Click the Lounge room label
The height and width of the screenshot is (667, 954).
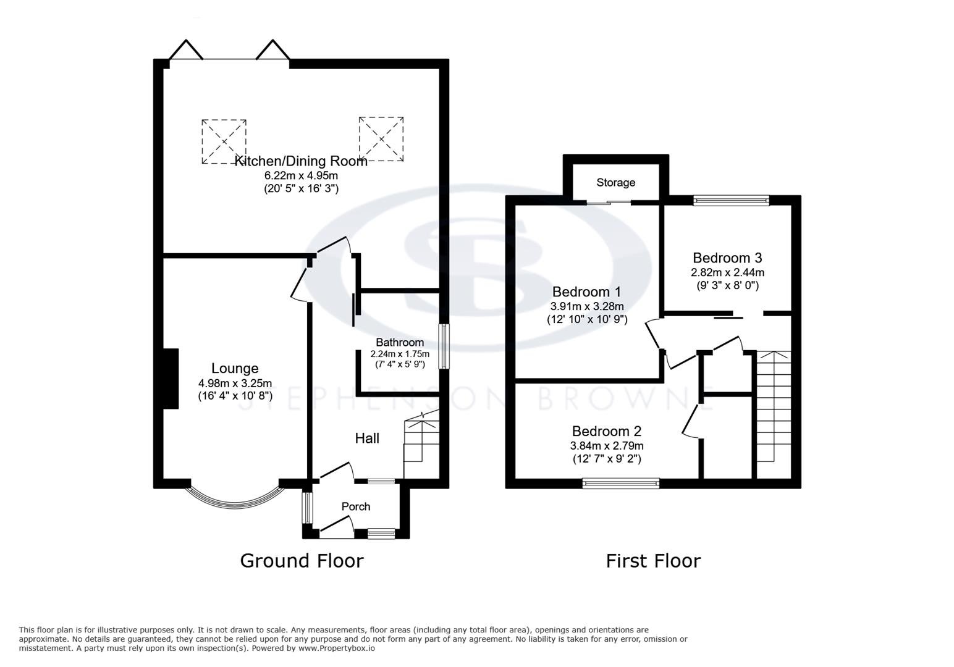pyautogui.click(x=235, y=369)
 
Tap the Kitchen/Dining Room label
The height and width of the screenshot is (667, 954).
pyautogui.click(x=301, y=161)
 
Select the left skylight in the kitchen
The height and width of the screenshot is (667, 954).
pyautogui.click(x=224, y=141)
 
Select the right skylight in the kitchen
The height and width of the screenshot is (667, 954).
pyautogui.click(x=381, y=140)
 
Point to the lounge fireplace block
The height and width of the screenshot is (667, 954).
pyautogui.click(x=171, y=379)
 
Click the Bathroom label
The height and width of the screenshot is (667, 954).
pyautogui.click(x=400, y=342)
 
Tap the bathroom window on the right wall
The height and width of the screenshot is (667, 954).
pyautogui.click(x=444, y=346)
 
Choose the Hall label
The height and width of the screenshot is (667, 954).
pyautogui.click(x=367, y=438)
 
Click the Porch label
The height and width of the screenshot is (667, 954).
pyautogui.click(x=356, y=506)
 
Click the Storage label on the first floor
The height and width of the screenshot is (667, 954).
pyautogui.click(x=615, y=182)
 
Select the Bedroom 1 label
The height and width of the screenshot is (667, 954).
pyautogui.click(x=586, y=292)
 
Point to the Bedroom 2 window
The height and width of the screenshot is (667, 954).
pyautogui.click(x=621, y=484)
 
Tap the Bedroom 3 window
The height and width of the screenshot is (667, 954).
pyautogui.click(x=731, y=200)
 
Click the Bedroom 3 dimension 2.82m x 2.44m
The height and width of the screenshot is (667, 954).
pyautogui.click(x=727, y=272)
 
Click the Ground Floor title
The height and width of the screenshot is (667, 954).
pyautogui.click(x=302, y=561)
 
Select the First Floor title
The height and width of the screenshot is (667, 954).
pyautogui.click(x=653, y=561)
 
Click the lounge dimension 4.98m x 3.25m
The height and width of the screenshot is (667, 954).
pyautogui.click(x=235, y=384)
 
